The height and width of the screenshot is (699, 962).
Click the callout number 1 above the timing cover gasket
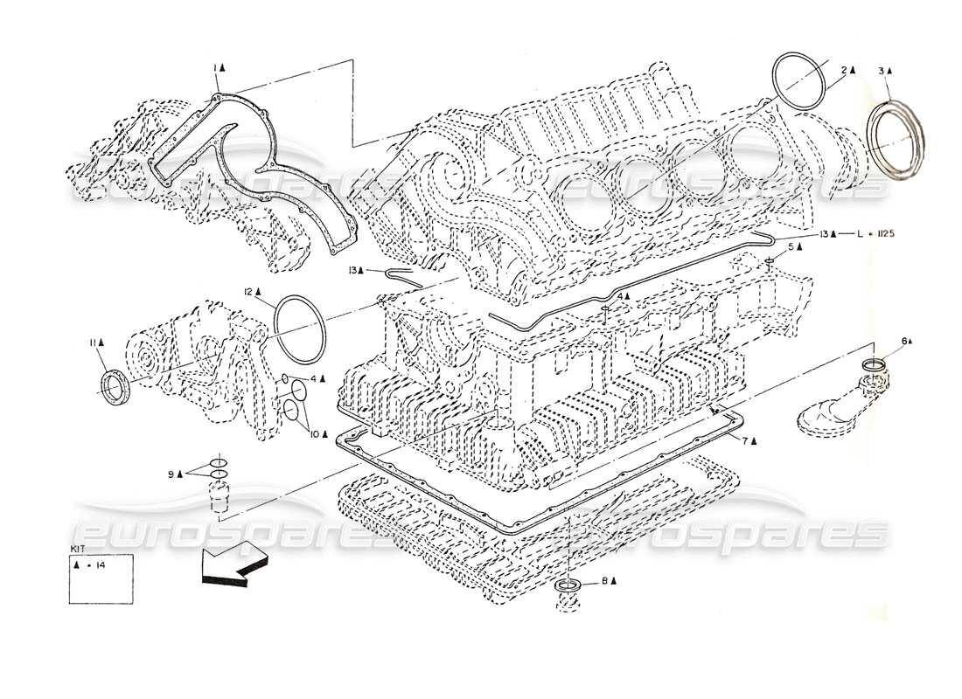tap(215, 66)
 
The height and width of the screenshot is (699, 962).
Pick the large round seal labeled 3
tap(895, 140)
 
